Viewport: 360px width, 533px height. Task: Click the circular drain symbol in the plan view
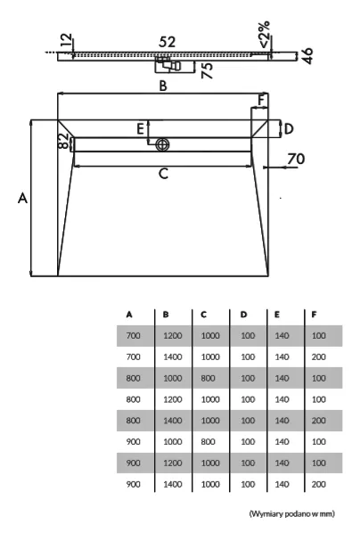[163, 144]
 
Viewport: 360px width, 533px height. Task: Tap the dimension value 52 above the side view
[168, 42]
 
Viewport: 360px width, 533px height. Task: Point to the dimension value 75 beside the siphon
[207, 70]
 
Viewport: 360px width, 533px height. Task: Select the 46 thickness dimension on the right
[307, 56]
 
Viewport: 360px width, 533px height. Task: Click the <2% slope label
[265, 34]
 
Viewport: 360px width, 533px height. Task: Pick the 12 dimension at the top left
[68, 40]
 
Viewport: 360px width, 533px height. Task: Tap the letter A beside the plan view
[22, 198]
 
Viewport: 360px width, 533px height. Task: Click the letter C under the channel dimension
[163, 174]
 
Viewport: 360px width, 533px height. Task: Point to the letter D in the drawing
[289, 129]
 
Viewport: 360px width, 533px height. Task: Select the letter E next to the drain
[140, 129]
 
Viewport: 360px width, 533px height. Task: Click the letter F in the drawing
[261, 101]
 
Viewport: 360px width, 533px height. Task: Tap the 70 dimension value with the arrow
[296, 159]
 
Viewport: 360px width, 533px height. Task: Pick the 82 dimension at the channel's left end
[63, 141]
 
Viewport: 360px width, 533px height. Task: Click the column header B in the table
[166, 315]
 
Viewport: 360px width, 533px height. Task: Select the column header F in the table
[314, 315]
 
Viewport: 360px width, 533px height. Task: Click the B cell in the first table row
[173, 336]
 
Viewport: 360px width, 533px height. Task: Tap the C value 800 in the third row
[208, 378]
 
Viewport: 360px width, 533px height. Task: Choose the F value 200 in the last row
[318, 484]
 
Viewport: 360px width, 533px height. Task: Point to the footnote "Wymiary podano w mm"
[292, 513]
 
